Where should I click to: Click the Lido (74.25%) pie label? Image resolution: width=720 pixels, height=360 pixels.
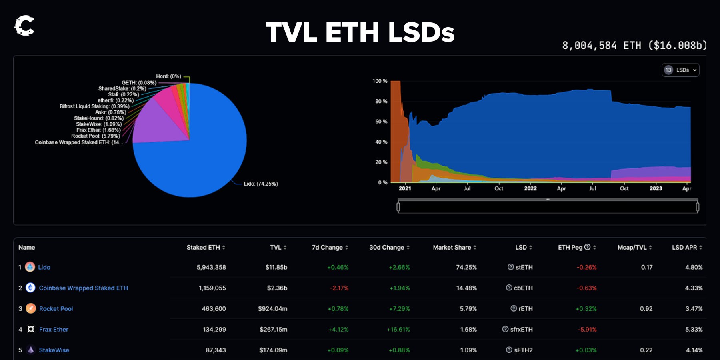coord(261,184)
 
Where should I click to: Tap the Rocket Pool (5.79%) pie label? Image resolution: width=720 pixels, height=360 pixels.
coord(96,136)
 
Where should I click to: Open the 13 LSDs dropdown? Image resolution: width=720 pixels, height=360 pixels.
coord(680,70)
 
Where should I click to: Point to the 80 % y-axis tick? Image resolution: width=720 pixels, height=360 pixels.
coord(381,102)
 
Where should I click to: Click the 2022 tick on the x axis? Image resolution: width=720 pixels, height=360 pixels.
coord(530,188)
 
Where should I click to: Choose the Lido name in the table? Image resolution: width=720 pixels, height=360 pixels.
coord(44,267)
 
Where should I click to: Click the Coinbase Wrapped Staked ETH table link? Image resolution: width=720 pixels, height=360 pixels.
coord(83,288)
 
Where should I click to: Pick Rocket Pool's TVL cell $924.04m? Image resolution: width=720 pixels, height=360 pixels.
coord(272,309)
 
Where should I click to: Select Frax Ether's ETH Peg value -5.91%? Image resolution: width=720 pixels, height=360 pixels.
coord(587,330)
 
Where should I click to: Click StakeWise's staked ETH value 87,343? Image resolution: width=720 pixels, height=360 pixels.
coord(216,350)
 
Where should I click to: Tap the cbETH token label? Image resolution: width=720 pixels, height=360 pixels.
coord(523,288)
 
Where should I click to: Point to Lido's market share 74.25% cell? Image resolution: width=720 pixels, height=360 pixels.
coord(466,267)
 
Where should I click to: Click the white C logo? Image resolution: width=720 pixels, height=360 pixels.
coord(24,26)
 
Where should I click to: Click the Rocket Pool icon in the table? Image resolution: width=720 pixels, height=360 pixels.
coord(31,308)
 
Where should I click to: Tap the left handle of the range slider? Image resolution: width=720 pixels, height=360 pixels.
coord(398,207)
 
